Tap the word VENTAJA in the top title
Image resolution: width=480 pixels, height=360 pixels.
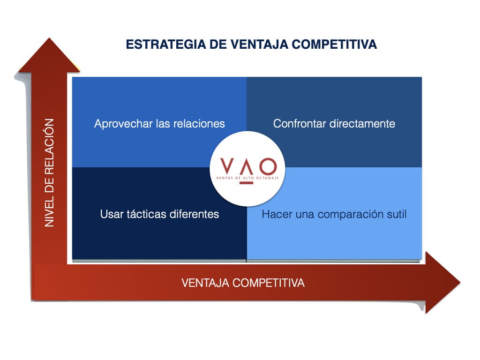259,45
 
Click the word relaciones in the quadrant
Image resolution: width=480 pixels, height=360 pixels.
199,124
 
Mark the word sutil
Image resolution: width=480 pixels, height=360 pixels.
397,214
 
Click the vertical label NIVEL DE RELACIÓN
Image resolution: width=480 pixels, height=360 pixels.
49,172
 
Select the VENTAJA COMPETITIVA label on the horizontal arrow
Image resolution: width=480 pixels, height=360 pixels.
243,283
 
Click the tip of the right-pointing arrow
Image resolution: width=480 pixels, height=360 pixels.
460,282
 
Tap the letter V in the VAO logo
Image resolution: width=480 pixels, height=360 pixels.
227,165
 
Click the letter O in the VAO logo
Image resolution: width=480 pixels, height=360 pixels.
268,166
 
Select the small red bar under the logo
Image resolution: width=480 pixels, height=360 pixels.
247,183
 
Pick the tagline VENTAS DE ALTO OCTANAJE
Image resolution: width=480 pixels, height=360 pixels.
247,178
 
